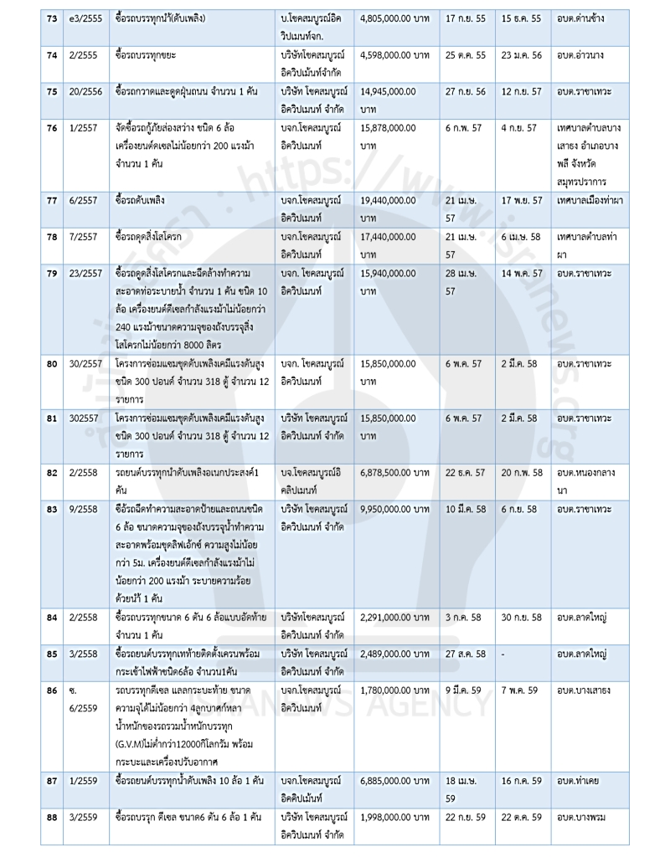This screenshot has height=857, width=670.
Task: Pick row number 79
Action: pyautogui.click(x=49, y=275)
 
